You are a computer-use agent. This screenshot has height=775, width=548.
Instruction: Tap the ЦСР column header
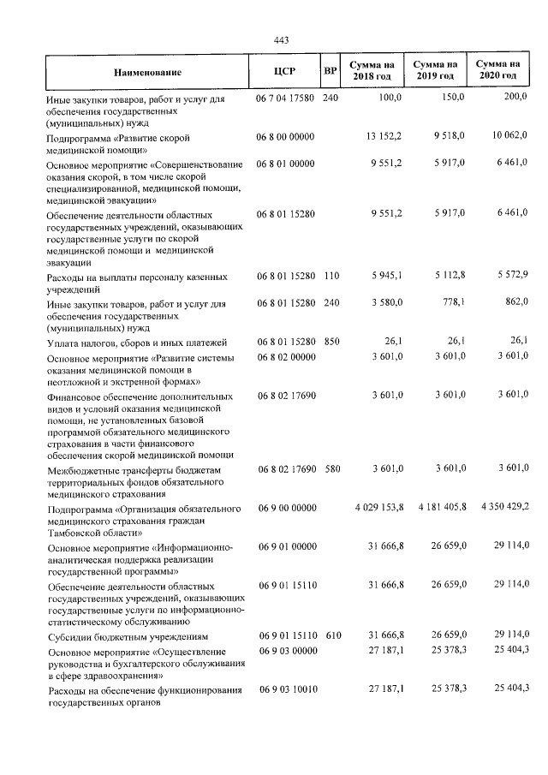click(284, 71)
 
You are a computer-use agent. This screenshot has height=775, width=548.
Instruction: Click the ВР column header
click(329, 70)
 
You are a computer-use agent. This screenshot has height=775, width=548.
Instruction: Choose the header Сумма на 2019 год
click(435, 70)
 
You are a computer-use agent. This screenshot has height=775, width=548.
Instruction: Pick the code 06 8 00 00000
click(285, 137)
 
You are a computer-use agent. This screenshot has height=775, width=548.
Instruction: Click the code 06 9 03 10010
click(286, 689)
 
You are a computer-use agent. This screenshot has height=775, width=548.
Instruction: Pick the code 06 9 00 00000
click(285, 508)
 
